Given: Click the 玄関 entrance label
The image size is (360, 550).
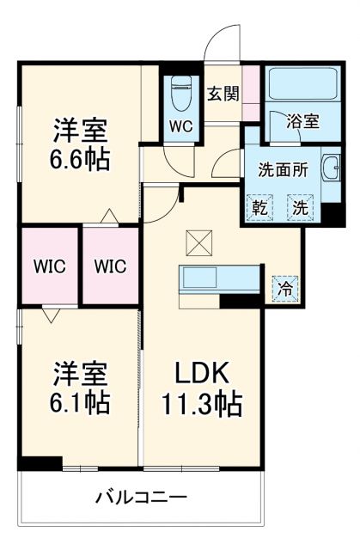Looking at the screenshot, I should pyautogui.click(x=223, y=94).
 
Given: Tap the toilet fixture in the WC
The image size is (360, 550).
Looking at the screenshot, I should pyautogui.click(x=181, y=91).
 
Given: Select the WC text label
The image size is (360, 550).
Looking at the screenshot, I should pyautogui.click(x=181, y=126).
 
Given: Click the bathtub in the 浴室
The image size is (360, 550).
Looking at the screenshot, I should pyautogui.click(x=295, y=83).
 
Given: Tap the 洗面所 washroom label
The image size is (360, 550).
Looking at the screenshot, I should pyautogui.click(x=284, y=169).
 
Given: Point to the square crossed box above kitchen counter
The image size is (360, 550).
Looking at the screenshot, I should pyautogui.click(x=197, y=244).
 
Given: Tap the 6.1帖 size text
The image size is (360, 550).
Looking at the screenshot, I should pyautogui.click(x=81, y=401).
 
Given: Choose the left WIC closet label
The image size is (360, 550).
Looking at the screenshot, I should pyautogui.click(x=49, y=266).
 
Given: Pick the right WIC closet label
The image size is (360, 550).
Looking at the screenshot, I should pyautogui.click(x=109, y=266).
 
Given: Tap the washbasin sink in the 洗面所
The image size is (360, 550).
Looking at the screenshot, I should pyautogui.click(x=331, y=168).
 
